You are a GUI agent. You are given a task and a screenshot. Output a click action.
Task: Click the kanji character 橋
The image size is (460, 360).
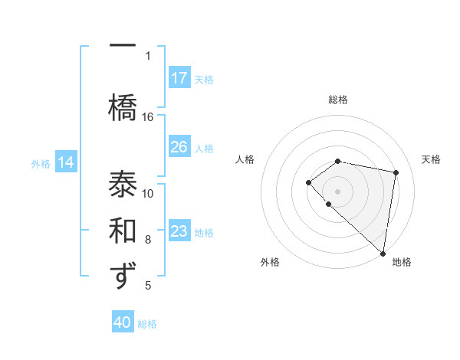123,104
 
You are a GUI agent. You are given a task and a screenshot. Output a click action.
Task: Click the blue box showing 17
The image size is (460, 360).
179,77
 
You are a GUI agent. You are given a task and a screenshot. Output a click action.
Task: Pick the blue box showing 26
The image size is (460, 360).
179,146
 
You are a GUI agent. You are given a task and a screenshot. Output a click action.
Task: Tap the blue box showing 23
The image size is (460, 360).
179,231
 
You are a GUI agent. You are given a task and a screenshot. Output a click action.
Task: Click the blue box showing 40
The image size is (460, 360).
123,322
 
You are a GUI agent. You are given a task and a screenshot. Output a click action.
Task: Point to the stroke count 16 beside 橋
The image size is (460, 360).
148,116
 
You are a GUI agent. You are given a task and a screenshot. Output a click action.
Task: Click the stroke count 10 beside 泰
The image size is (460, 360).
148,193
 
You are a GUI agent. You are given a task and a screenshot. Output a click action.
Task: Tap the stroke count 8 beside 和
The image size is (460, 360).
148,239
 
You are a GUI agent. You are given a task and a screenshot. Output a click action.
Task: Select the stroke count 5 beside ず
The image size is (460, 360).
148,286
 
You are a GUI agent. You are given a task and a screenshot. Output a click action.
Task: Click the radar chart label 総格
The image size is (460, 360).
337,100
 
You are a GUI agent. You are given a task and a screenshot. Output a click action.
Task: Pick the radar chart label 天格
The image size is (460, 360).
431,159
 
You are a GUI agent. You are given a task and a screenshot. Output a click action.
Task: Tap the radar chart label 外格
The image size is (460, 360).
270,262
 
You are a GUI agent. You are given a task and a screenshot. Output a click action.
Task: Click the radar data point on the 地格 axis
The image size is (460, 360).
383,253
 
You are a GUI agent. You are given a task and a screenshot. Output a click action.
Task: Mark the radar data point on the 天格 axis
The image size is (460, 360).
396,172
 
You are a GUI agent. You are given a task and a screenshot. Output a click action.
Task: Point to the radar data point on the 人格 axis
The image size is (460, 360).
308,182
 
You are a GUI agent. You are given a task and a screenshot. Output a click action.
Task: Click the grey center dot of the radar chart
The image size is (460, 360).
337,191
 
